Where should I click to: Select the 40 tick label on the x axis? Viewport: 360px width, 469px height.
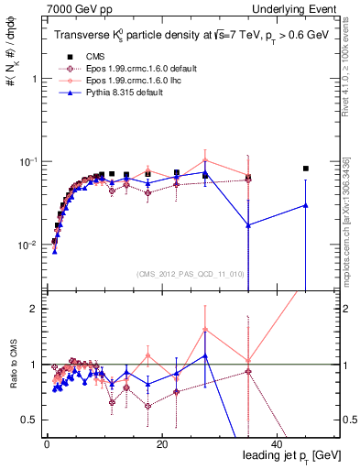tap(277, 443)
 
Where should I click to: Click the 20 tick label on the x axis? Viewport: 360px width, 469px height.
tap(161, 443)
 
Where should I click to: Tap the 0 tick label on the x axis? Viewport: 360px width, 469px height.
tap(47, 443)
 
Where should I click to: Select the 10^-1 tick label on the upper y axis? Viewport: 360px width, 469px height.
tap(24, 162)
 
